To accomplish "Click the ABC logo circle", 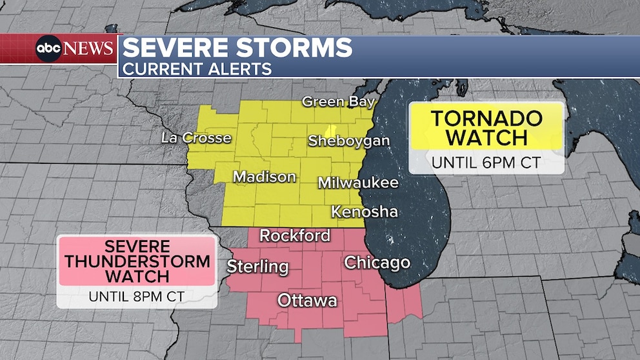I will tap(49, 48).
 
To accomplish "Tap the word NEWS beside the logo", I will tap(88, 48).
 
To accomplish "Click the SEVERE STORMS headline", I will tap(237, 48).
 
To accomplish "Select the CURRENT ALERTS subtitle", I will tap(197, 68).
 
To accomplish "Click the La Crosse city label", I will tap(195, 137).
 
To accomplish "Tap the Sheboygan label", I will tap(349, 141).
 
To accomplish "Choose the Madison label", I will tap(265, 176).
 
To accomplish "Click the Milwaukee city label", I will tap(358, 183).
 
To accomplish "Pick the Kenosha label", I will tap(365, 211).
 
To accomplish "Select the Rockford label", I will tap(295, 235).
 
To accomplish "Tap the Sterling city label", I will tap(257, 266).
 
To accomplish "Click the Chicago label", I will tap(377, 262).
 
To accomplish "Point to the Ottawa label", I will tap(307, 300).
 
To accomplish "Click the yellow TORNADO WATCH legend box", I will tap(487, 127).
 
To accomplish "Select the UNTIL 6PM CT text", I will tap(486, 162).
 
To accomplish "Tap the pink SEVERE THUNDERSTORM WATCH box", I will tap(136, 261).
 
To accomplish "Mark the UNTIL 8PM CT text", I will tap(136, 297).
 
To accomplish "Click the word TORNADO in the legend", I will tap(487, 118).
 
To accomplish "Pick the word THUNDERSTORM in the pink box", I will tap(136, 261).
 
